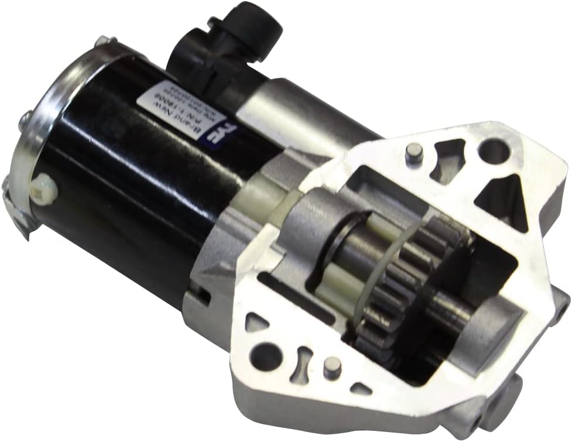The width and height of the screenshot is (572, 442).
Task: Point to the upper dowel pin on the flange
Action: coord(414,154)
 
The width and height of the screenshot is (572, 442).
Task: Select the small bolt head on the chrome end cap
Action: coord(25,121)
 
